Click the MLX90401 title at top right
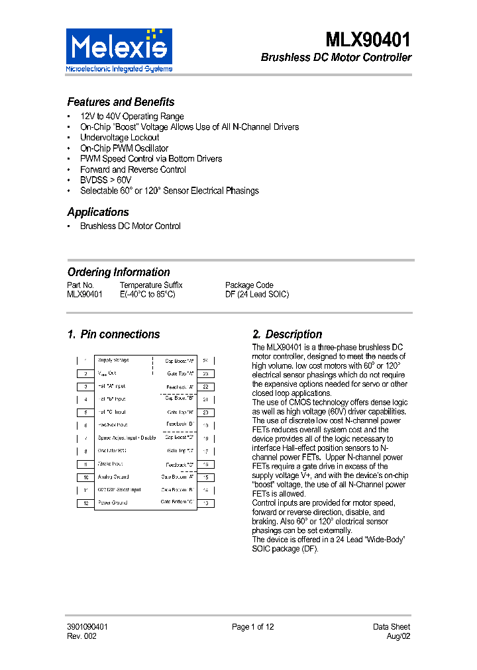coord(368,40)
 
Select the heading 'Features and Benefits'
coord(121,102)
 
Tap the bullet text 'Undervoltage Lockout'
coord(119,138)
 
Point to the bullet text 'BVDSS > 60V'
coord(105,180)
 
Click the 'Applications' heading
coord(98,213)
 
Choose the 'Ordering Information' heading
coord(119,272)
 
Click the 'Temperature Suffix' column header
coord(151,285)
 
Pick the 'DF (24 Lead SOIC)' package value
coord(257,295)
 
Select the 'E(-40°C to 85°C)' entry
coord(147,295)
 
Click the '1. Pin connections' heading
coord(113,334)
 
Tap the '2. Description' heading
coord(288,334)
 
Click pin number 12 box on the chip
coord(85,503)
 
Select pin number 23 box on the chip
coord(206,373)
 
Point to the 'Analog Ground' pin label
coord(113,477)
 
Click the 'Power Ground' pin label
coord(113,502)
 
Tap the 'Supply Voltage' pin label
coord(113,360)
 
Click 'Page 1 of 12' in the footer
coord(252,627)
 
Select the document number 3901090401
coord(87,627)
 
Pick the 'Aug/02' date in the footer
coord(398,636)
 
